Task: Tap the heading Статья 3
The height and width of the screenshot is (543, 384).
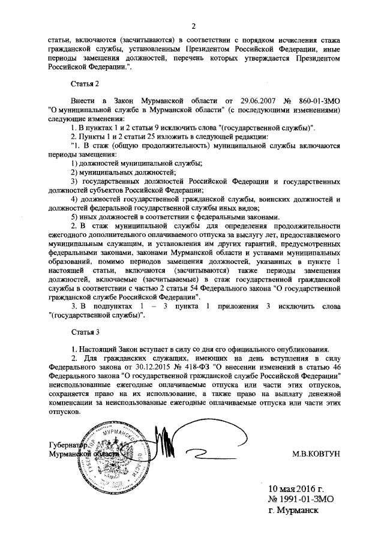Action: (x=84, y=332)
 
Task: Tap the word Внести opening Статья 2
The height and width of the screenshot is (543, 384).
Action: (x=84, y=102)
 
